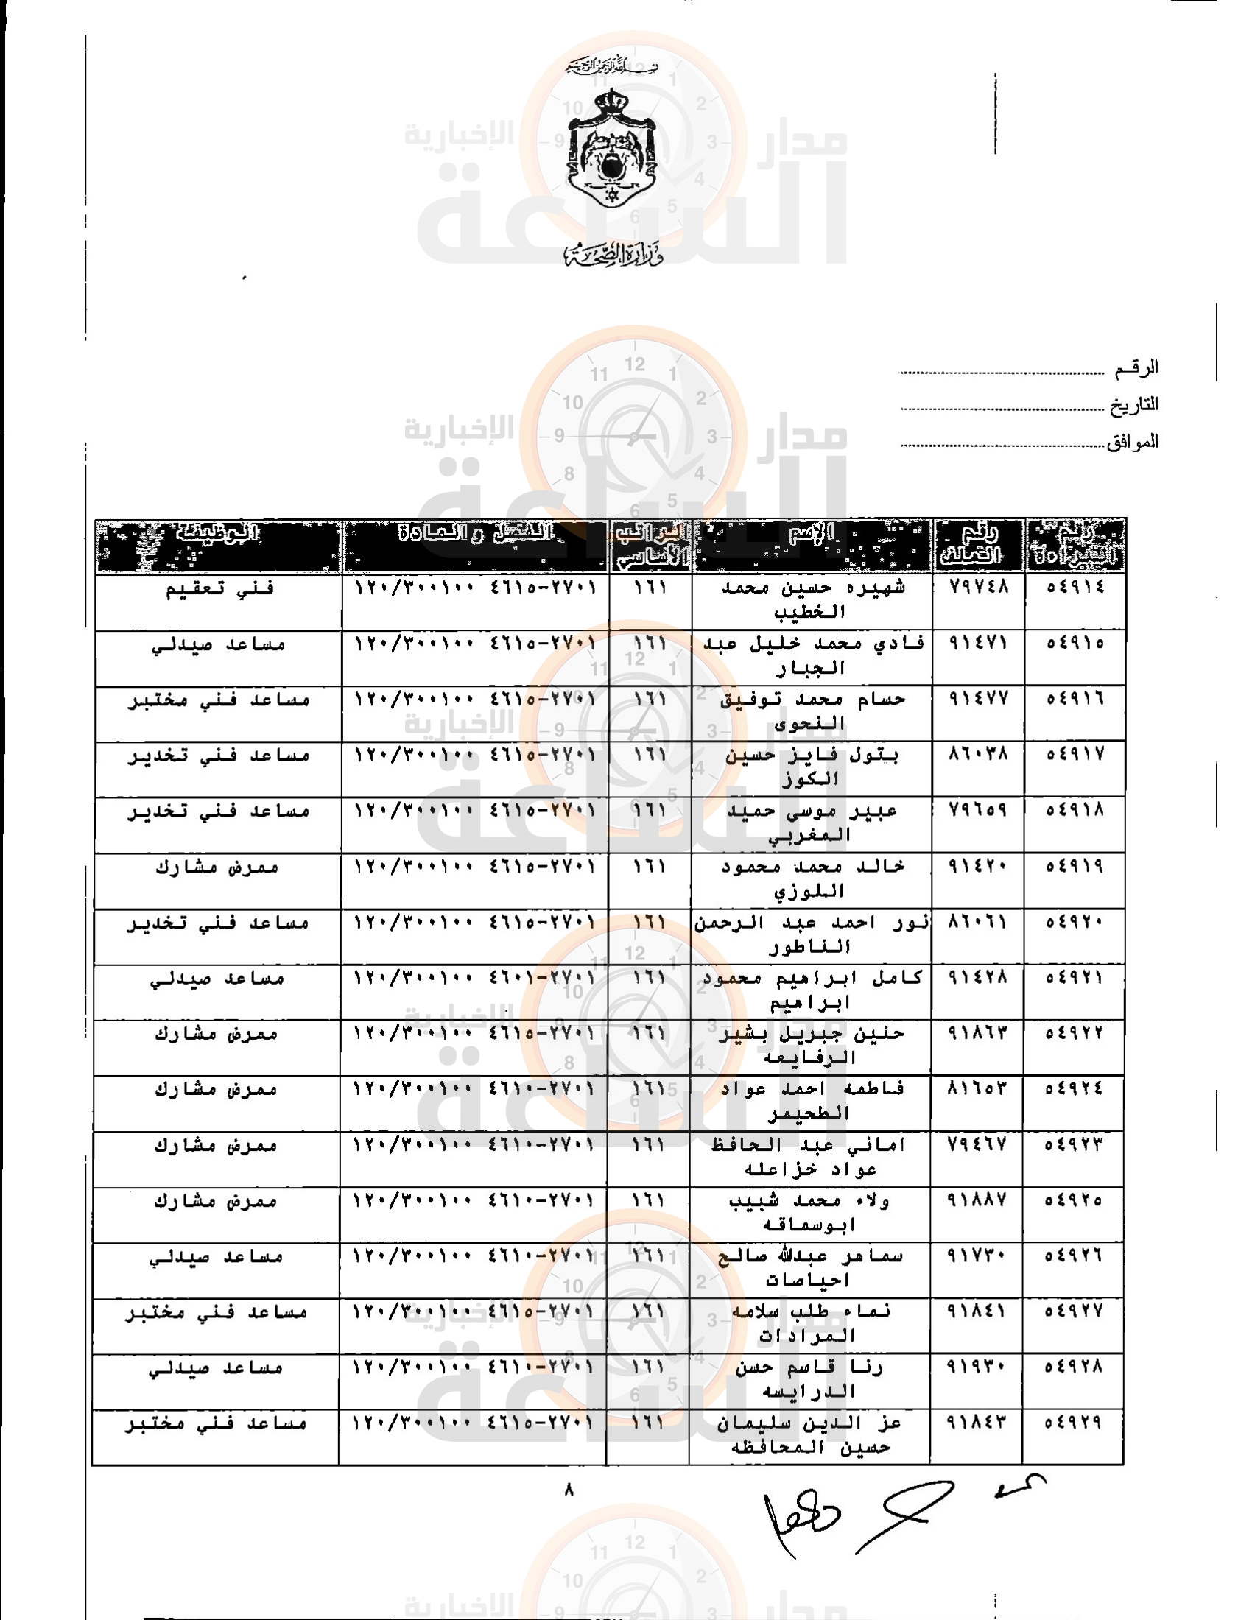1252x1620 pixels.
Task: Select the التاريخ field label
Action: tap(1134, 405)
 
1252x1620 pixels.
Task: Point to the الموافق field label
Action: tap(1133, 443)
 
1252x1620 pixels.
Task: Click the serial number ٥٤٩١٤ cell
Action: tap(1075, 587)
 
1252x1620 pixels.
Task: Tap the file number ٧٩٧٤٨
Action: tap(978, 587)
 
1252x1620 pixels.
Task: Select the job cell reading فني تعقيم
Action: tap(219, 589)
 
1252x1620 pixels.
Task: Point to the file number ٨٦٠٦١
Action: tap(978, 922)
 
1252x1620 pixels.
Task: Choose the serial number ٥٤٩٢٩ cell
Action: tap(1073, 1423)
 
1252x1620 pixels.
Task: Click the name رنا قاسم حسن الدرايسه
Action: tap(809, 1380)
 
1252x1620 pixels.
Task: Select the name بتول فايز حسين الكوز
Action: tap(812, 767)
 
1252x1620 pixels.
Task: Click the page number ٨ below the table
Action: tap(569, 1490)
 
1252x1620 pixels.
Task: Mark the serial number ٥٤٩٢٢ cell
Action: tap(1074, 1033)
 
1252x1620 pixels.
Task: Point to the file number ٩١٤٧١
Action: tap(978, 643)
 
